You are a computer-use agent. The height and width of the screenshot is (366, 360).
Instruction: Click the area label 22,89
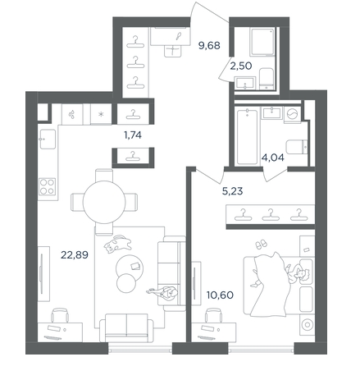click(x=75, y=255)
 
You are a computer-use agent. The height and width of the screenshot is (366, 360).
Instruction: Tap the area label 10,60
click(x=220, y=295)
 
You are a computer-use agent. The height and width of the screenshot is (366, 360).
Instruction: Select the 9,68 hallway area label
click(x=209, y=45)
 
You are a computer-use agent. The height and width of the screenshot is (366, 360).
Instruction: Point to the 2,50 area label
click(x=241, y=66)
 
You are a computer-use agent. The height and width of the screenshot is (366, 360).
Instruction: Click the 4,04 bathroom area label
click(x=273, y=158)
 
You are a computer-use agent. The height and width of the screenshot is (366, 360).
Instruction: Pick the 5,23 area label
click(x=232, y=191)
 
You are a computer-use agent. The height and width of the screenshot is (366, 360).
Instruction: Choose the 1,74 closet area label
click(x=133, y=135)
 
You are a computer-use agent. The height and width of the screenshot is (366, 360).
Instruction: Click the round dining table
click(x=104, y=202)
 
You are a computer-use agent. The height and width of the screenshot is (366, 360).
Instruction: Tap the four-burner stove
click(x=47, y=186)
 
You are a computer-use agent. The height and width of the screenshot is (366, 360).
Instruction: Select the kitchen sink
click(x=48, y=139)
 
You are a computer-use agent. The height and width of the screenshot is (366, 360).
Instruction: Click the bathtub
click(x=247, y=137)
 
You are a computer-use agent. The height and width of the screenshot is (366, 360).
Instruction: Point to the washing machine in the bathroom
click(x=293, y=114)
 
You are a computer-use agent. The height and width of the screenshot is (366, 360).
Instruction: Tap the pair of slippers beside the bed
click(x=260, y=245)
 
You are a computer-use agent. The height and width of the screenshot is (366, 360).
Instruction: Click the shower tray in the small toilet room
click(x=262, y=42)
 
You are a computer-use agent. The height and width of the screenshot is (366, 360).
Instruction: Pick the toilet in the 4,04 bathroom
click(x=297, y=147)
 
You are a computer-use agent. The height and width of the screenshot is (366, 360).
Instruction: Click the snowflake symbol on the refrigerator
click(x=101, y=114)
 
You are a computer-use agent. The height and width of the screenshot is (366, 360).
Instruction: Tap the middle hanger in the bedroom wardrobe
click(x=270, y=215)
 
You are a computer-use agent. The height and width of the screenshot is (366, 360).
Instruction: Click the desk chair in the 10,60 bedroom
click(x=213, y=315)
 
